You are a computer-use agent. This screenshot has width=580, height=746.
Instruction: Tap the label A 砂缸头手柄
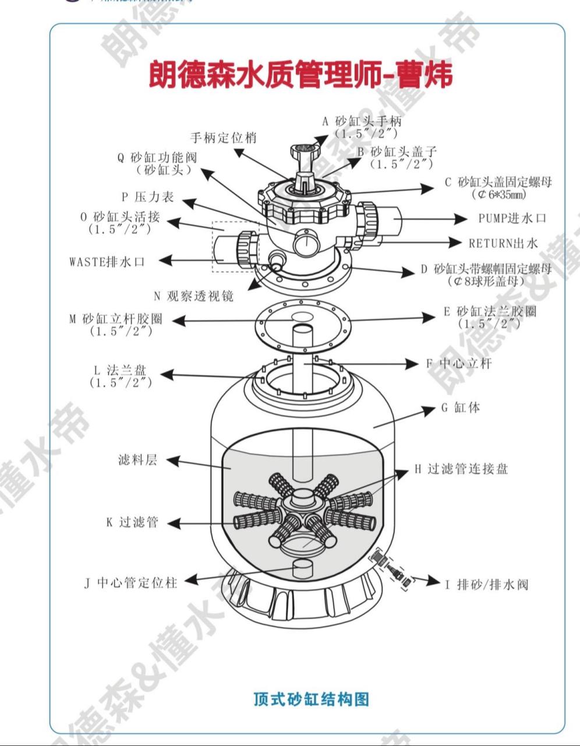[362, 122]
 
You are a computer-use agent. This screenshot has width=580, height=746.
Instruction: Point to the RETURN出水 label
[503, 243]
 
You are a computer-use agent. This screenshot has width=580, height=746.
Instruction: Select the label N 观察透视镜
[193, 296]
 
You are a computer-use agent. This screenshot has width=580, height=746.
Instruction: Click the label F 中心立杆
[459, 364]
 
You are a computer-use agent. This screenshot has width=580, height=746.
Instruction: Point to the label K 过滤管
[132, 522]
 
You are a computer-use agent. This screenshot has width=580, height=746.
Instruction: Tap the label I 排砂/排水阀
[487, 584]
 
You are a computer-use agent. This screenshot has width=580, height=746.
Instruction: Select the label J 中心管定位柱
[130, 582]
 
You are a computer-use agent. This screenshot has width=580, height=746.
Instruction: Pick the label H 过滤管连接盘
[461, 469]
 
